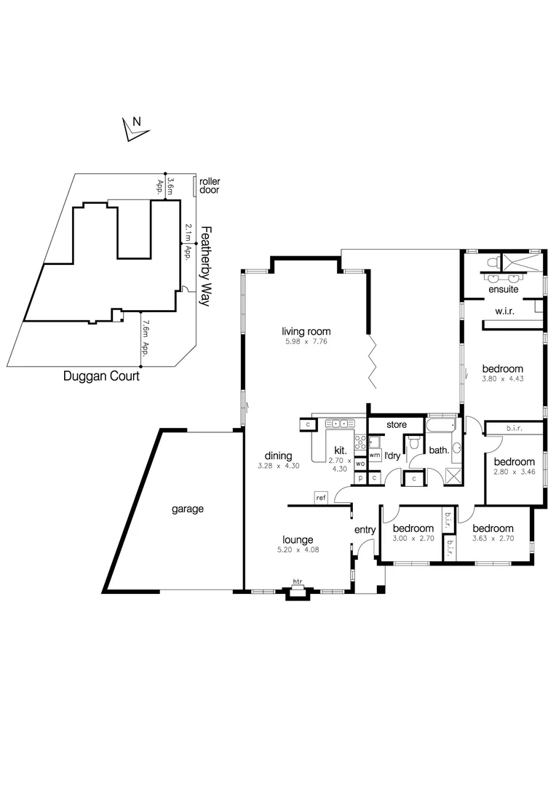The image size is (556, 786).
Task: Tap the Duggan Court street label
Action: (x=100, y=377)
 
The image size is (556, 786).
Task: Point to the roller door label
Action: (x=209, y=186)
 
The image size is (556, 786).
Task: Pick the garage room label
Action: (x=187, y=509)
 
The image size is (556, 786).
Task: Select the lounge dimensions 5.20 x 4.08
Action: (x=298, y=549)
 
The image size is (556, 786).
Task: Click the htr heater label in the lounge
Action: (x=297, y=581)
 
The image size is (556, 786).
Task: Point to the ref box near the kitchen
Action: (x=321, y=498)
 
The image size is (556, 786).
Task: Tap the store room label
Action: (x=396, y=424)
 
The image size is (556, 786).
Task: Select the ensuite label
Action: (x=503, y=289)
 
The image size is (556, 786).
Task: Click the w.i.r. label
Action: (x=505, y=312)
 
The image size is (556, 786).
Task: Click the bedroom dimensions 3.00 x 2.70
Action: (x=413, y=539)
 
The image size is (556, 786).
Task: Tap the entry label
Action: (x=365, y=530)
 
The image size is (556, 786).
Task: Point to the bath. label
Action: (x=439, y=450)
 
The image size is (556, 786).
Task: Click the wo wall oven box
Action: (x=360, y=464)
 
